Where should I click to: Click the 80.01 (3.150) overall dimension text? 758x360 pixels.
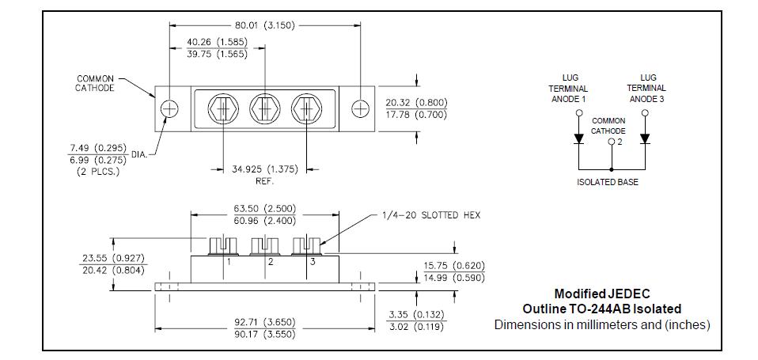pos(265,25)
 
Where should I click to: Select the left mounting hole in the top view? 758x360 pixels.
pos(169,108)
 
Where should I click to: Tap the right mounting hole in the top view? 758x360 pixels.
pos(360,108)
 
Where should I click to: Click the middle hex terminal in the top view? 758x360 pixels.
pos(265,108)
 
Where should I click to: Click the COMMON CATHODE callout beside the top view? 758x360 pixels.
pos(95,83)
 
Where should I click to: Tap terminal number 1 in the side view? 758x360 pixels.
pos(229,261)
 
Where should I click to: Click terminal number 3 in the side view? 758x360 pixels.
pos(313,261)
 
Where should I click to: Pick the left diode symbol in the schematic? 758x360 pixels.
pos(579,138)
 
